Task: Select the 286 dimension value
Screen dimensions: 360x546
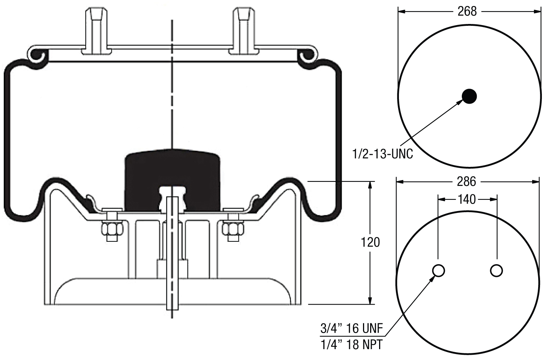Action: click(x=467, y=181)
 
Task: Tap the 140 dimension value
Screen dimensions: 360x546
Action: click(x=467, y=199)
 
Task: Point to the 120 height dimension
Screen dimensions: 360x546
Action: click(x=370, y=242)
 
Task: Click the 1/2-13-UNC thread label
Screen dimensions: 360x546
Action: click(x=382, y=153)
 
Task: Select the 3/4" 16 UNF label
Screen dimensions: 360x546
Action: click(x=351, y=329)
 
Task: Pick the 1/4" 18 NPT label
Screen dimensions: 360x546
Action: click(x=351, y=344)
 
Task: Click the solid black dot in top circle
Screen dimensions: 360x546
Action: click(x=469, y=96)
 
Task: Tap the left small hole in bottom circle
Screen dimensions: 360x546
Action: click(x=438, y=271)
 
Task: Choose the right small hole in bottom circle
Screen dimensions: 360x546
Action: click(x=496, y=271)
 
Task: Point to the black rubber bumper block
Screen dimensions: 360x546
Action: click(x=172, y=176)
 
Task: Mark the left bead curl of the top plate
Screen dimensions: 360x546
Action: click(x=39, y=55)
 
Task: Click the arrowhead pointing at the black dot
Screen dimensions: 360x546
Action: click(x=460, y=102)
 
